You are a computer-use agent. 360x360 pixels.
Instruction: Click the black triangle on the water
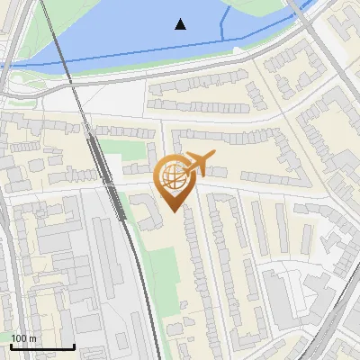181,24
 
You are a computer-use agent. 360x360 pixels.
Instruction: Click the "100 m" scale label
23,338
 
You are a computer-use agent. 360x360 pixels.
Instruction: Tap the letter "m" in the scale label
32,338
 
